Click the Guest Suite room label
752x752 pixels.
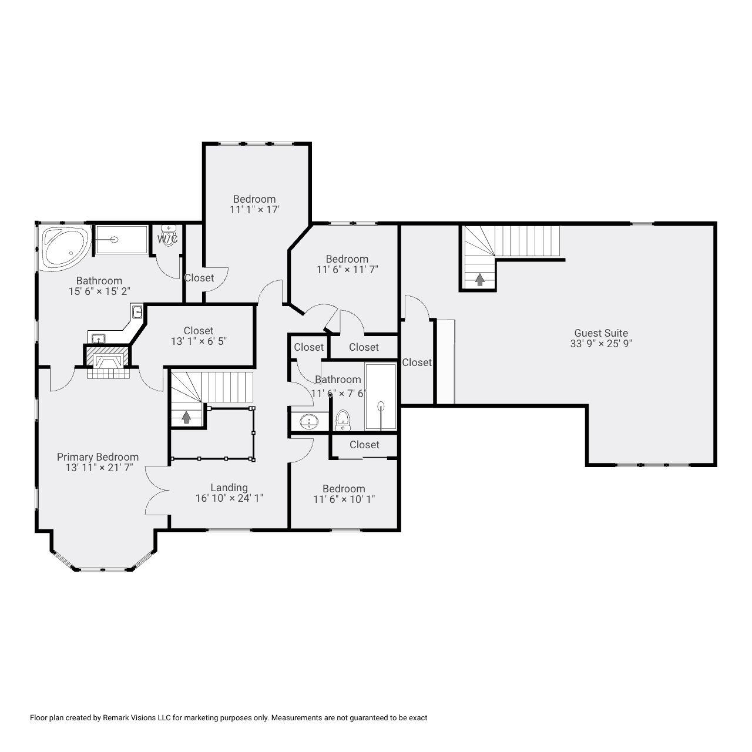[x=601, y=333]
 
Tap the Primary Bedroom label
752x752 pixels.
[x=98, y=457]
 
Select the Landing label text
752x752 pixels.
[x=229, y=488]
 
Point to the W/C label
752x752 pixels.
[x=167, y=239]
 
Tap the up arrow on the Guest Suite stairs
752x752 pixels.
[x=480, y=280]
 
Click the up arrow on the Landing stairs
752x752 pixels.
[x=187, y=418]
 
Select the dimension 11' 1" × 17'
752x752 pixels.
[x=254, y=210]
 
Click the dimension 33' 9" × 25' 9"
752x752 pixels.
[x=601, y=344]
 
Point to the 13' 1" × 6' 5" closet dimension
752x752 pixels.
[x=199, y=341]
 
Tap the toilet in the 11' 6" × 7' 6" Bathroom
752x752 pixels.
[x=343, y=420]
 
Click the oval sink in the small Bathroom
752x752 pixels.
[x=309, y=421]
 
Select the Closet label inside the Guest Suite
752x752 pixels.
[x=417, y=362]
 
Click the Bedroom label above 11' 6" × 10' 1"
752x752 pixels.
[x=344, y=489]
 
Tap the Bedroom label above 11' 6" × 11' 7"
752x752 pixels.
[x=347, y=259]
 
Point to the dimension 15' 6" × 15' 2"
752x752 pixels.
[x=99, y=291]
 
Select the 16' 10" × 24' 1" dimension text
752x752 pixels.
[x=230, y=498]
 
